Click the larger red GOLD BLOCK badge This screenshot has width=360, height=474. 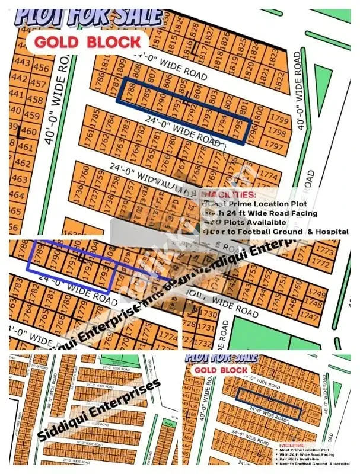point(87,41)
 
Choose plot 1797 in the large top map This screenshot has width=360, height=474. point(273,145)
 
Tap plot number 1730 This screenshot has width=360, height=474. point(192,313)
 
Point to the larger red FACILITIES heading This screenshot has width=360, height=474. point(228,194)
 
